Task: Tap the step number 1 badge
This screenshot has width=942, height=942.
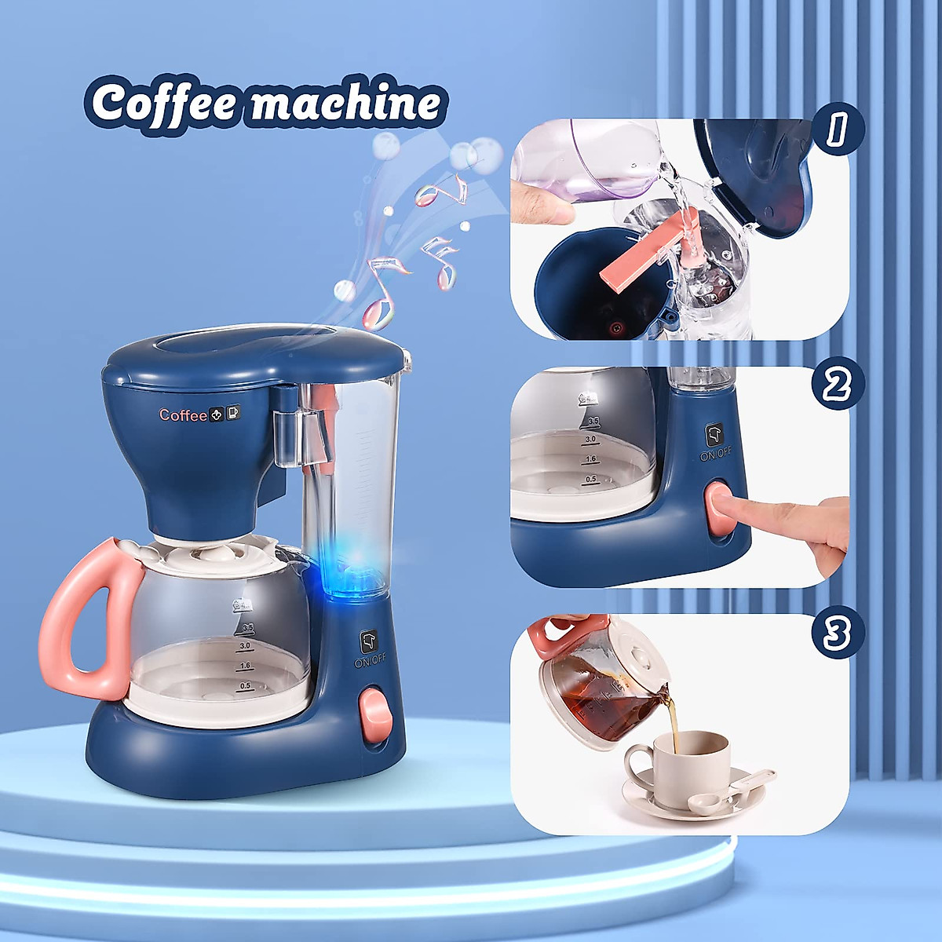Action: pos(838,130)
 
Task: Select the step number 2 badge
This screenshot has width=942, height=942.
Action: pos(838,385)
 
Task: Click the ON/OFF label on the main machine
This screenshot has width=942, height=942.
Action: pos(371,662)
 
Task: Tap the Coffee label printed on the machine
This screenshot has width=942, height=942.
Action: pos(183,414)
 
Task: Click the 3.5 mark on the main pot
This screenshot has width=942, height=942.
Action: pos(248,627)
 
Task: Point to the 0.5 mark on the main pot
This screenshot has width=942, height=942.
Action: pos(246,685)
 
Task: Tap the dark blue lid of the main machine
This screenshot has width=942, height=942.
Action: pos(251,357)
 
